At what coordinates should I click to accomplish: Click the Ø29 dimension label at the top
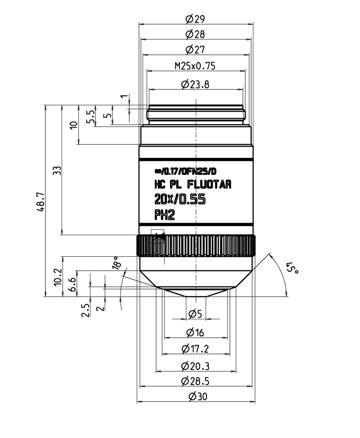tap(195, 18)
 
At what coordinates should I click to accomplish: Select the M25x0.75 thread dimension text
tap(195, 66)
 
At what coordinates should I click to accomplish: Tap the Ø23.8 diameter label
tap(195, 84)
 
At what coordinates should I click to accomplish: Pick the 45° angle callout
tap(292, 269)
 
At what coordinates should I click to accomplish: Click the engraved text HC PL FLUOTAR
tap(193, 184)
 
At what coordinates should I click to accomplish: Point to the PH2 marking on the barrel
tap(164, 215)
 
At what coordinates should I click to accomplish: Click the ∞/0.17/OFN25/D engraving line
tap(185, 171)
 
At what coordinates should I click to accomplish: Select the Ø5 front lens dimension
tap(195, 313)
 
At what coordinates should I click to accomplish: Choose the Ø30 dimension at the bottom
tap(195, 397)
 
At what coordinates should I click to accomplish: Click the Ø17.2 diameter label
tap(195, 349)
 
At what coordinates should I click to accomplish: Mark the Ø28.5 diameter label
tap(195, 381)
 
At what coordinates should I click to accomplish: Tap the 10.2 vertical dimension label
tap(57, 277)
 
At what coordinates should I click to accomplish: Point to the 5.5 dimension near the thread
tap(90, 117)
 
